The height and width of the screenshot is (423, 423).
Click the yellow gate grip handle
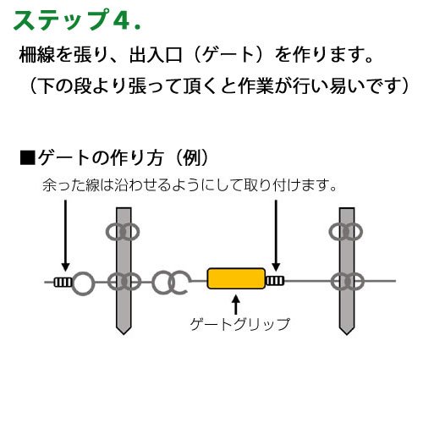tap(236, 278)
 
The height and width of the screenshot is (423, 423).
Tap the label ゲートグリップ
tap(240, 324)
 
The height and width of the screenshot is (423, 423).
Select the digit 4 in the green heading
tap(122, 20)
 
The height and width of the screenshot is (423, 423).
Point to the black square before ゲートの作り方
tap(28, 158)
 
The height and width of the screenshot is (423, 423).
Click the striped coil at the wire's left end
tap(63, 282)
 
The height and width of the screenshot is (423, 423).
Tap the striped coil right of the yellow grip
tap(275, 281)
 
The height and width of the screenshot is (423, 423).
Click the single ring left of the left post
tap(83, 283)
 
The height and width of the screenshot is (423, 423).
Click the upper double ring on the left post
tap(123, 232)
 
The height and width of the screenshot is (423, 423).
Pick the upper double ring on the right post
tap(346, 232)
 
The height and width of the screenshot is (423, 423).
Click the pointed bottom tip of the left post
tap(124, 334)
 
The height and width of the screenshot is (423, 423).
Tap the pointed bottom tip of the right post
tap(347, 334)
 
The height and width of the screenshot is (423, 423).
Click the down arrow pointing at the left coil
tap(65, 235)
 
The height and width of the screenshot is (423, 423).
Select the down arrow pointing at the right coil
tap(276, 235)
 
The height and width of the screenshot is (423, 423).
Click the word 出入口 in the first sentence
tap(156, 55)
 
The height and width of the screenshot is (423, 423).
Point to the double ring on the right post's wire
tap(348, 282)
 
